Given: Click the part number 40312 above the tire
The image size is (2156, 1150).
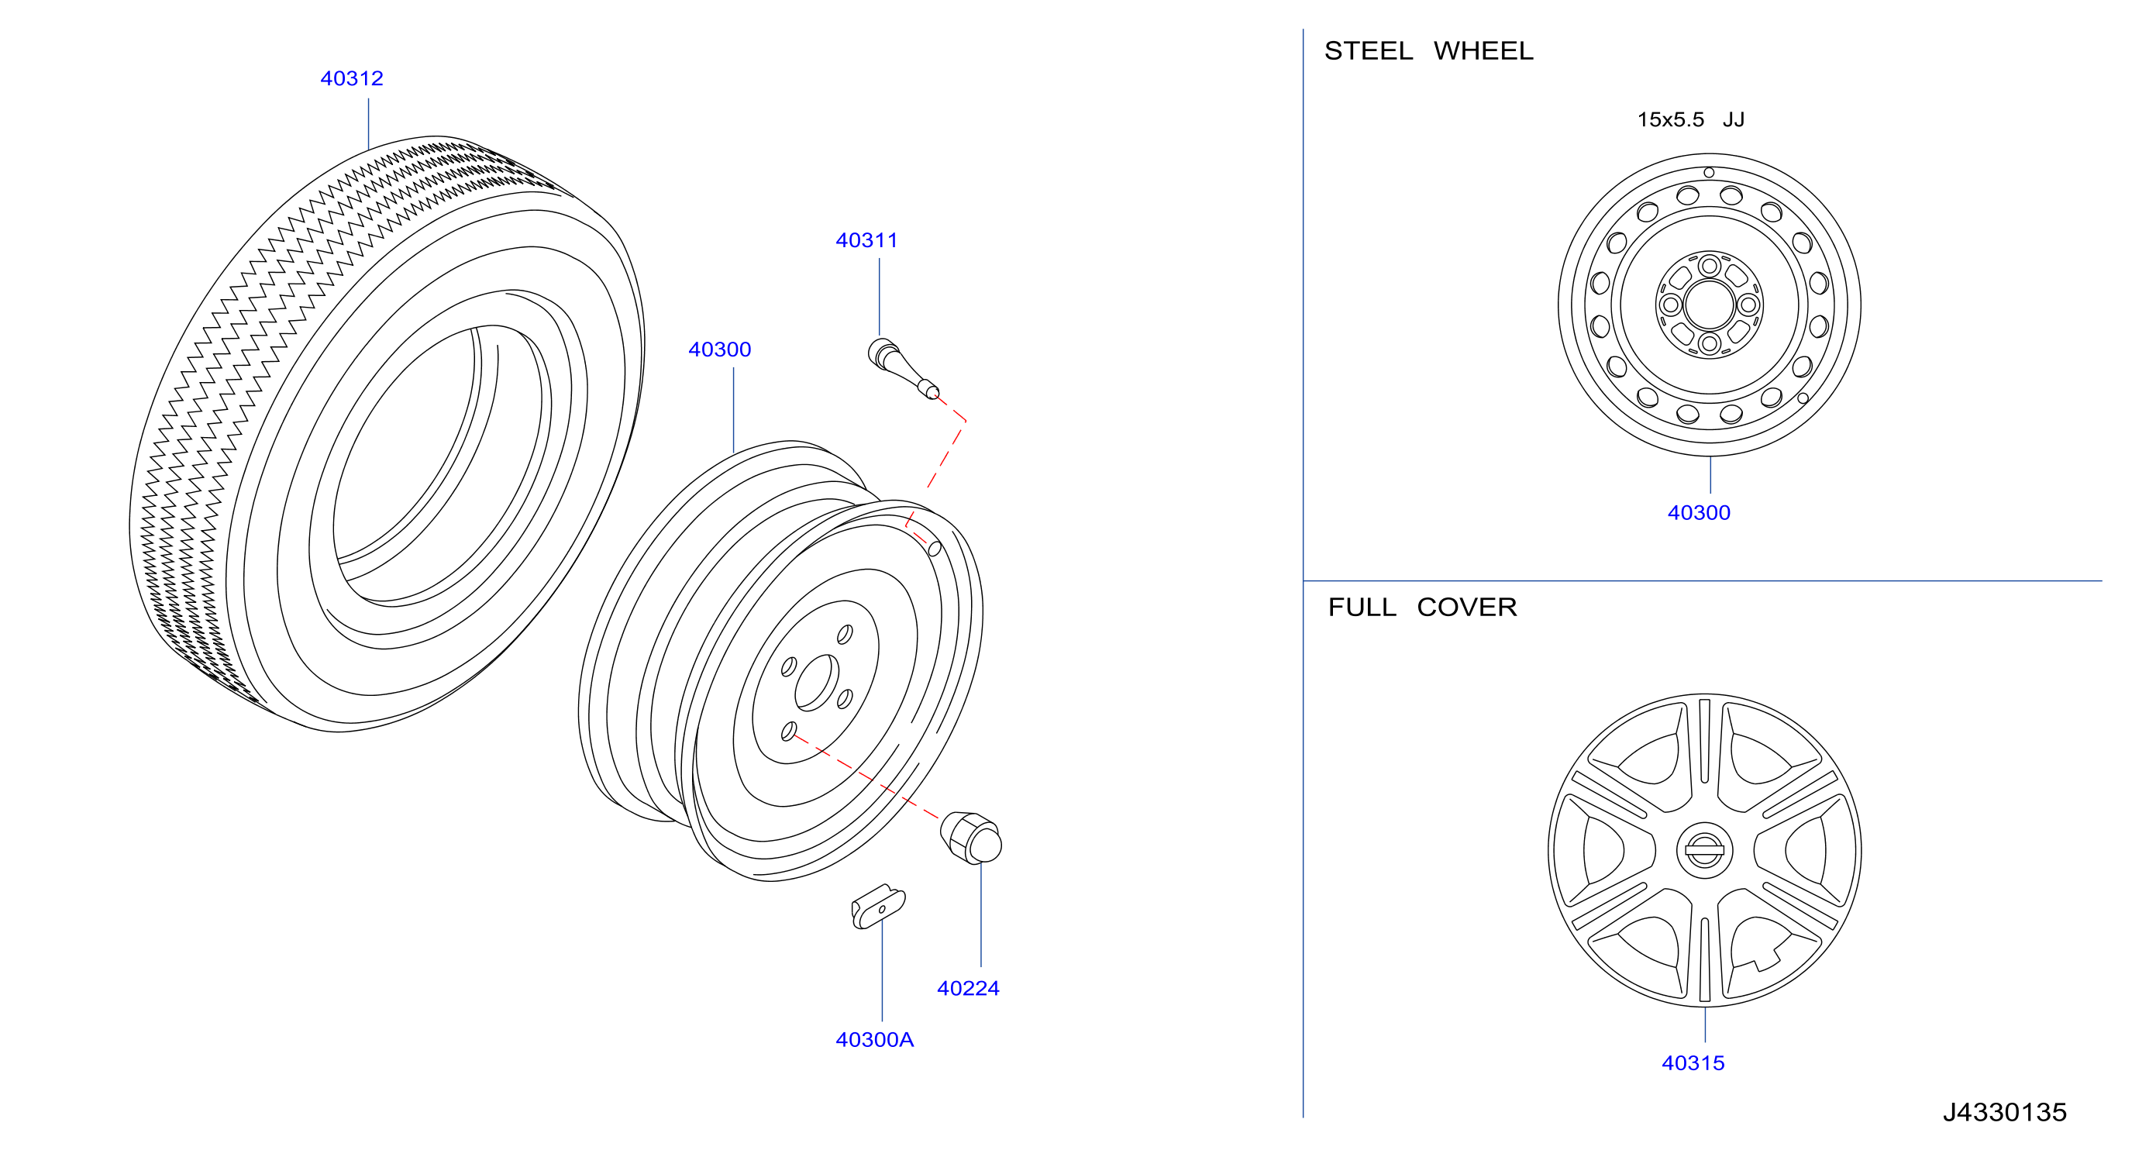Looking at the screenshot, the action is click(x=352, y=79).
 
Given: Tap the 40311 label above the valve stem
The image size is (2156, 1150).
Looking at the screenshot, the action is click(x=866, y=240).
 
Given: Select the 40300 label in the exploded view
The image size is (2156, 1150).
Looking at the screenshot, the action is click(x=719, y=349).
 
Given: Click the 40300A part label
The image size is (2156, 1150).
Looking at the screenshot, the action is click(x=875, y=1039).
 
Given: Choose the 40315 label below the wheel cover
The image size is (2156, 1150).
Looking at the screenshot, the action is click(x=1693, y=1063).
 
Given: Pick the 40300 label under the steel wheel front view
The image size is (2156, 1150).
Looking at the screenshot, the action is click(x=1698, y=512).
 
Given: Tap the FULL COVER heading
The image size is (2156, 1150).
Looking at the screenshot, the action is click(x=1422, y=607).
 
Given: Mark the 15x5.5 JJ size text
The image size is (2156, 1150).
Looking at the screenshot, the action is click(x=1691, y=119).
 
